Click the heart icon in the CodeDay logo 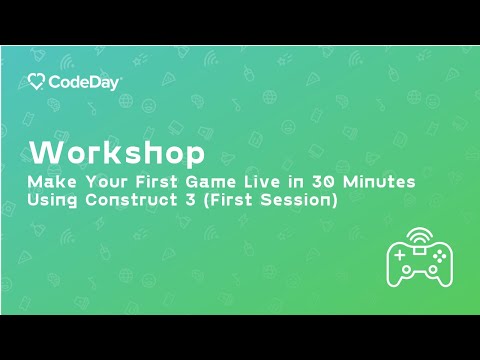(36, 82)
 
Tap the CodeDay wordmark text (84, 82)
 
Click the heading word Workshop (117, 154)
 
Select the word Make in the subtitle (50, 183)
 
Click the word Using (55, 201)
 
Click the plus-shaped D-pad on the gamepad (401, 256)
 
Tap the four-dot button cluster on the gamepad (436, 256)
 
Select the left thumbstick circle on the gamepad (408, 269)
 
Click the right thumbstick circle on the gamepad (429, 269)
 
